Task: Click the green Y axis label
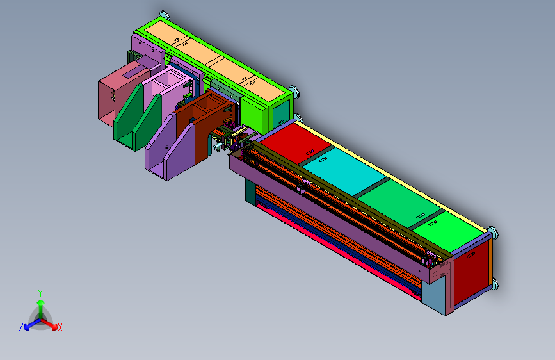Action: coord(40,293)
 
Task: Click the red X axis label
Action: coord(60,327)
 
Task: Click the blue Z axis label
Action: coord(21,327)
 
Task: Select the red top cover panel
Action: coord(296,143)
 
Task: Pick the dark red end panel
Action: coord(472,271)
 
